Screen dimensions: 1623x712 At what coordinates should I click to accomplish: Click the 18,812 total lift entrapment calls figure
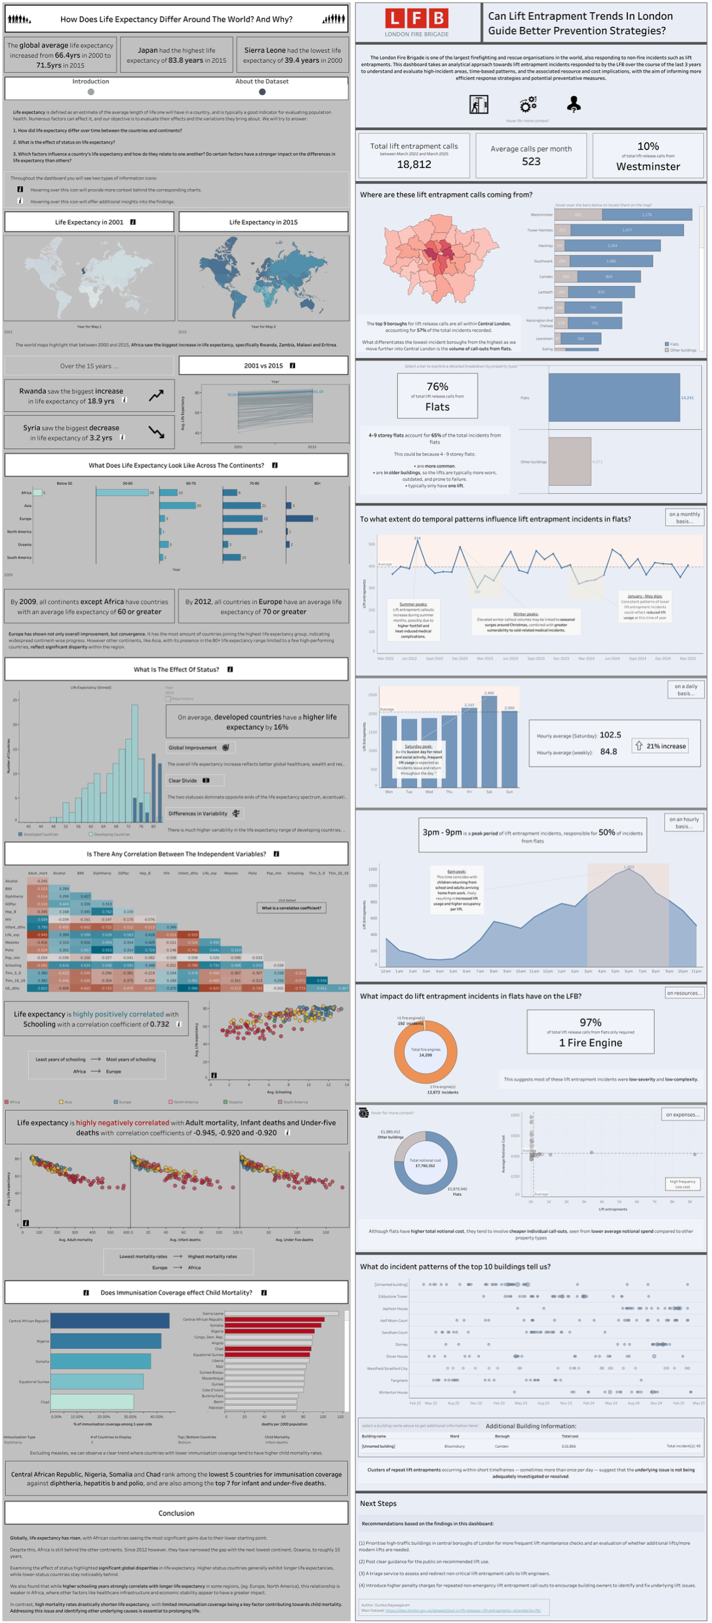pyautogui.click(x=414, y=165)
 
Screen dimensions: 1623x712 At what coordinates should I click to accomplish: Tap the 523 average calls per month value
pyautogui.click(x=531, y=161)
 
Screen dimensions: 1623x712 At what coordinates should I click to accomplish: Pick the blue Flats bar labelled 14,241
pyautogui.click(x=614, y=397)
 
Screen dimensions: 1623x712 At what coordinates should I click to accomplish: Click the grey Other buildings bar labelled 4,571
pyautogui.click(x=570, y=462)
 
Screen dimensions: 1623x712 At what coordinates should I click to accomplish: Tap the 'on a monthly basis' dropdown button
pyautogui.click(x=684, y=517)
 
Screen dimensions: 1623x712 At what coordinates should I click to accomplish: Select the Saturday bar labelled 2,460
pyautogui.click(x=489, y=741)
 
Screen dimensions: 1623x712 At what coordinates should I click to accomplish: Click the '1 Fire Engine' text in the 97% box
pyautogui.click(x=590, y=1043)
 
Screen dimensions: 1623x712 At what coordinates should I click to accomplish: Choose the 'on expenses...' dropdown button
pyautogui.click(x=683, y=1114)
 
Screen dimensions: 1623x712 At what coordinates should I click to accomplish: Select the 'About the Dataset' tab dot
pyautogui.click(x=262, y=92)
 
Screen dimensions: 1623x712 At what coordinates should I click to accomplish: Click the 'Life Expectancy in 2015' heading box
pyautogui.click(x=263, y=222)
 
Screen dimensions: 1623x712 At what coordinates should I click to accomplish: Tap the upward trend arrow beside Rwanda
pyautogui.click(x=156, y=395)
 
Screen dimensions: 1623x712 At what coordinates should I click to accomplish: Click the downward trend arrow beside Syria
pyautogui.click(x=156, y=432)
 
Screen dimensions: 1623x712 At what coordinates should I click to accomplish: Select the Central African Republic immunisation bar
pyautogui.click(x=109, y=1321)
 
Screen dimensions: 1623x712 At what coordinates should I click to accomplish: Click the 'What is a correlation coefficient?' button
pyautogui.click(x=291, y=908)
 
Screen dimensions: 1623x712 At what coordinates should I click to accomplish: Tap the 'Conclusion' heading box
pyautogui.click(x=176, y=1513)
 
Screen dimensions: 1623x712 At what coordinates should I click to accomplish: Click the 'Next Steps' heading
pyautogui.click(x=378, y=1503)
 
